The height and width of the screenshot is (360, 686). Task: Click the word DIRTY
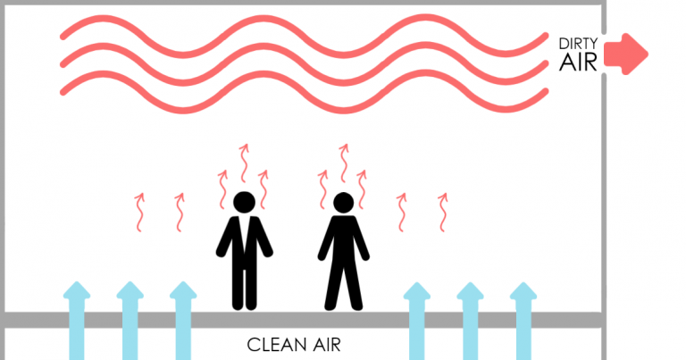pos(578,44)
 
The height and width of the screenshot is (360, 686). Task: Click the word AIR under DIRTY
pos(578,63)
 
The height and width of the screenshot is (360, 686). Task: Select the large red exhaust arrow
pos(625,54)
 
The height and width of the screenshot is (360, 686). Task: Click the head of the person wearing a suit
pos(244,203)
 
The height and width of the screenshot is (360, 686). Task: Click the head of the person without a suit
pos(343,203)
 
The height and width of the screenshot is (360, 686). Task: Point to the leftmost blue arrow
pos(77,321)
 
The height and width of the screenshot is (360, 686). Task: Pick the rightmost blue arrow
pos(523,321)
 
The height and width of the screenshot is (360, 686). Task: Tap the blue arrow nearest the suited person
pos(183,321)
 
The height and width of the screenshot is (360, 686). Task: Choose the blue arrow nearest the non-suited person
pos(416,321)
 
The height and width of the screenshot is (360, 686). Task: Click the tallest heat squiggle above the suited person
pos(244,163)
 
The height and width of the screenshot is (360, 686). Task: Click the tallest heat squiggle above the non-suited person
pos(344,163)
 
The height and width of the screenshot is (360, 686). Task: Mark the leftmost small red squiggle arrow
pos(139,212)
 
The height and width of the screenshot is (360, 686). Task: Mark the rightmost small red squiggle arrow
pos(443,212)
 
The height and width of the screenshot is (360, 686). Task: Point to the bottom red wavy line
pos(303,92)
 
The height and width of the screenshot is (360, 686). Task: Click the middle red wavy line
pos(303,63)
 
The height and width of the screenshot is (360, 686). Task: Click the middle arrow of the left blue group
pos(130,321)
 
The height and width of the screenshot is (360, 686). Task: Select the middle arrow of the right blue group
pos(470,321)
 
